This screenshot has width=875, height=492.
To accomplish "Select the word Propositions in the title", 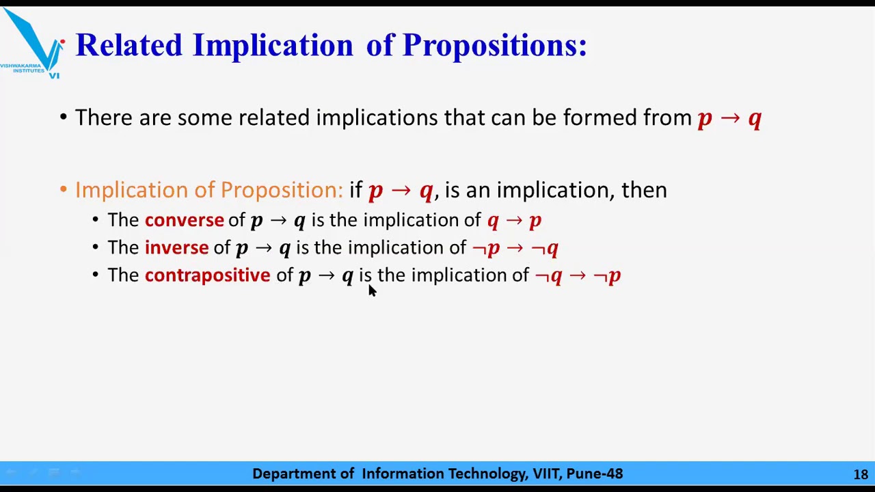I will (x=494, y=45).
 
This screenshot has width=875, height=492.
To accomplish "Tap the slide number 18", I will (x=860, y=474).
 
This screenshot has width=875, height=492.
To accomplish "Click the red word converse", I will (x=184, y=220).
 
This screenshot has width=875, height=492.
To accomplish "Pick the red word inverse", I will (x=176, y=247).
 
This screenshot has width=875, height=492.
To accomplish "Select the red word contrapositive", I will (x=207, y=275).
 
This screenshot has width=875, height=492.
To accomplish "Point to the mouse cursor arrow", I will (x=371, y=290).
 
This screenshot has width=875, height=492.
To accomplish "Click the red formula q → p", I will (x=514, y=220).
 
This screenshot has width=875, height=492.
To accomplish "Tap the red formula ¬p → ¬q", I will (x=515, y=247).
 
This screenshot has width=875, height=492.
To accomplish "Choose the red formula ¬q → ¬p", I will (x=578, y=275).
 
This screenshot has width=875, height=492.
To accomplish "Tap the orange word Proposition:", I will (x=281, y=190).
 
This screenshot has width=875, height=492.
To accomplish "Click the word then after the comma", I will (x=643, y=190).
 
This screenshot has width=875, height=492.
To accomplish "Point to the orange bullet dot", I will (x=63, y=190).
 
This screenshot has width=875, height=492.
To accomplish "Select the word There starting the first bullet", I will (x=104, y=118).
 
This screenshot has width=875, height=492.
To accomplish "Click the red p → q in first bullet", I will (x=729, y=118).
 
